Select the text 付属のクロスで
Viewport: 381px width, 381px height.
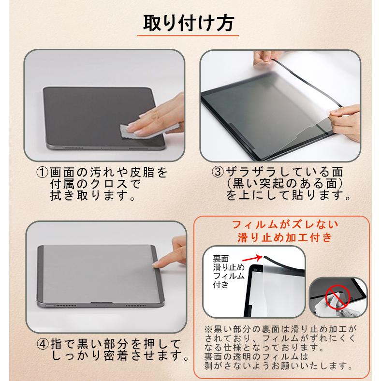tap(94, 185)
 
